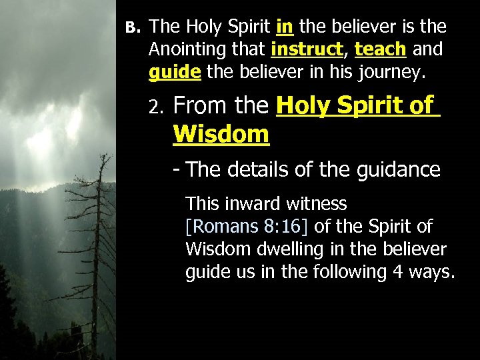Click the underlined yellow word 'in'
click(x=284, y=27)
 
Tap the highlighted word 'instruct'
click(x=307, y=49)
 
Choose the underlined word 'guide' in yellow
click(x=175, y=72)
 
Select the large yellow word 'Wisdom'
click(x=221, y=134)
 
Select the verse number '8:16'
click(x=283, y=227)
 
